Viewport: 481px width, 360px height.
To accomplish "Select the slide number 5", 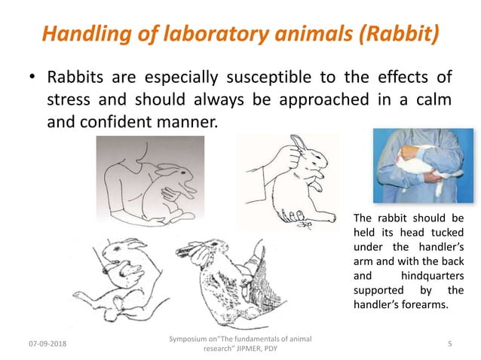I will [449, 343].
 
